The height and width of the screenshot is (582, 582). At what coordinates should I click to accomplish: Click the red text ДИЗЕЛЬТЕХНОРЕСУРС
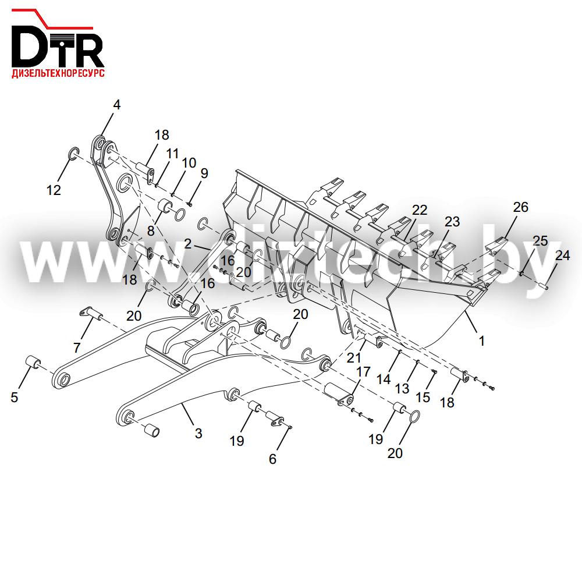[x=58, y=73]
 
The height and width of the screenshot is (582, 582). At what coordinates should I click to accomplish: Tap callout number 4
[x=116, y=105]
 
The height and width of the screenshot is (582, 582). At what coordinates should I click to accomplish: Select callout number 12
[x=54, y=190]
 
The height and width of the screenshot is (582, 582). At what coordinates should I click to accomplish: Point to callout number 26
[x=520, y=207]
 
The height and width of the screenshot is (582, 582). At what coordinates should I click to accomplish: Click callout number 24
[x=562, y=255]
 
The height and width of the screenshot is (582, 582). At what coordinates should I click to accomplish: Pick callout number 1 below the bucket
[x=482, y=340]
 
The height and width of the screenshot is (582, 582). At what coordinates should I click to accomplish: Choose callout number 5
[x=14, y=397]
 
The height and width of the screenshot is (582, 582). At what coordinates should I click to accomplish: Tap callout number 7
[x=77, y=348]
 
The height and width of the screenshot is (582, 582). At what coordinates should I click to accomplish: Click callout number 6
[x=272, y=459]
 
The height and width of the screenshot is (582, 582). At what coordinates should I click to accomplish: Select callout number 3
[x=198, y=433]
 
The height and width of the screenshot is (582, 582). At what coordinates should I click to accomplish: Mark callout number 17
[x=363, y=371]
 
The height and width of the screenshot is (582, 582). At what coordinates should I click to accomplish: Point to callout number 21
[x=354, y=358]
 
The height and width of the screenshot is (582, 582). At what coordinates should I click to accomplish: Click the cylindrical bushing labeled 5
[x=33, y=362]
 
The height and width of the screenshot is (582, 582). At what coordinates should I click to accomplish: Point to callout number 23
[x=452, y=222]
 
